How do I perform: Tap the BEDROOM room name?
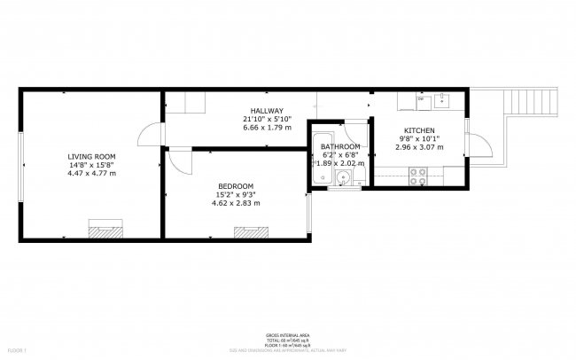pyautogui.click(x=236, y=185)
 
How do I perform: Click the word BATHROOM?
pyautogui.click(x=340, y=146)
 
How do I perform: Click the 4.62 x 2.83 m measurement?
pyautogui.click(x=236, y=203)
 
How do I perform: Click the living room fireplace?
pyautogui.click(x=106, y=231)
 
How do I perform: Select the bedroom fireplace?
pyautogui.click(x=251, y=231)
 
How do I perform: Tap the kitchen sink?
pyautogui.click(x=442, y=101)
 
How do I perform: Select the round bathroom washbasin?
pyautogui.click(x=342, y=176)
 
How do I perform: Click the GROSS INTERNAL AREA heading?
pyautogui.click(x=288, y=335)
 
